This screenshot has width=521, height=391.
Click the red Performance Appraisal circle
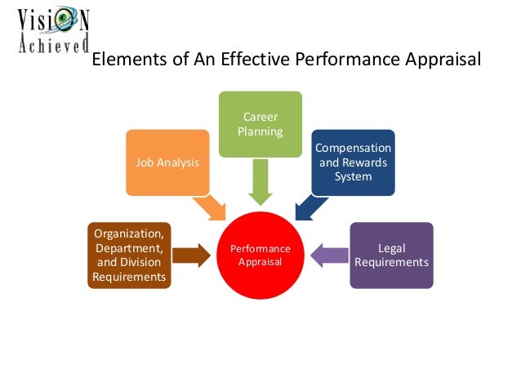click(x=260, y=254)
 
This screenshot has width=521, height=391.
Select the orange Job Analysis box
click(x=167, y=162)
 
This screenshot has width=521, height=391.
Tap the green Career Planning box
click(x=260, y=124)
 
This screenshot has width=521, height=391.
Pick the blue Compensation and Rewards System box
click(x=353, y=162)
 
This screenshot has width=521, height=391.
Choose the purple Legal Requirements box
click(x=391, y=255)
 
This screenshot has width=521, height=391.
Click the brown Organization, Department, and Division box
click(x=130, y=255)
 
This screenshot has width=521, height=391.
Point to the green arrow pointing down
click(x=260, y=181)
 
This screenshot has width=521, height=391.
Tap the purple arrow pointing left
click(x=329, y=255)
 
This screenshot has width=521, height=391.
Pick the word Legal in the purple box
click(x=391, y=247)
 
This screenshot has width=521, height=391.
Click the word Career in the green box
click(x=260, y=117)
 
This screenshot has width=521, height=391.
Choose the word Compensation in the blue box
click(x=353, y=149)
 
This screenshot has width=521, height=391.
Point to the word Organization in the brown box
click(x=130, y=234)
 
